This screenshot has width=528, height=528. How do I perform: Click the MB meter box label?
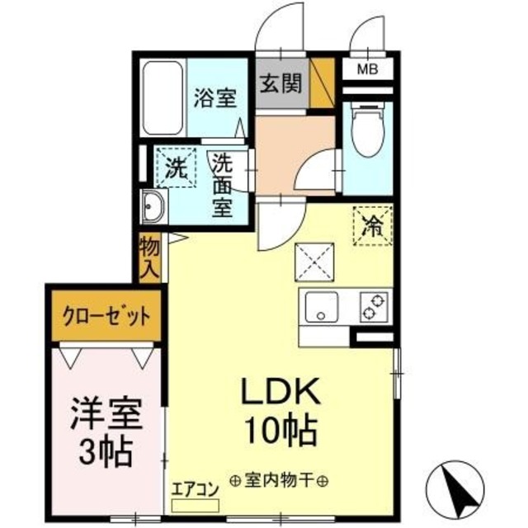tap(367, 69)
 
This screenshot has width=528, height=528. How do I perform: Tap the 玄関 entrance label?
tap(281, 84)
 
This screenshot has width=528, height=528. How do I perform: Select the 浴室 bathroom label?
tap(215, 99)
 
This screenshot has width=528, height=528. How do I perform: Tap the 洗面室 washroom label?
tap(222, 185)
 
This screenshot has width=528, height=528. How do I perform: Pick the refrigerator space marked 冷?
tap(374, 224)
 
